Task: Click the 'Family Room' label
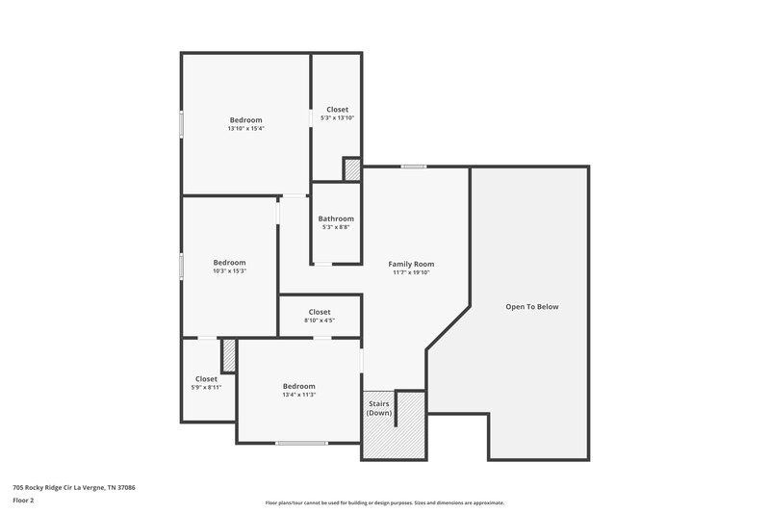tap(411, 264)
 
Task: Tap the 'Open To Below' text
tap(531, 307)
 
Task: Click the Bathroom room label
tap(336, 218)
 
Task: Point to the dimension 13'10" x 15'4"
tap(245, 129)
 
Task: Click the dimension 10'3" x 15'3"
tap(229, 271)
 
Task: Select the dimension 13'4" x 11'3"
tap(298, 395)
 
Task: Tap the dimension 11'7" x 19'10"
tap(411, 272)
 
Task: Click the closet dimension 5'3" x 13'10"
tap(337, 118)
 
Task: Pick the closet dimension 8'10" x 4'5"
tap(320, 321)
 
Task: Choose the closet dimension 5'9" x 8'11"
tap(206, 387)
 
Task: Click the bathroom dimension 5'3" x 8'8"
tap(336, 227)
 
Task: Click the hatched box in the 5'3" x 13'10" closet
tap(352, 169)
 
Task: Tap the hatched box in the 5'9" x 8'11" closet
tap(229, 356)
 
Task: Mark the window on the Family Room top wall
tap(414, 167)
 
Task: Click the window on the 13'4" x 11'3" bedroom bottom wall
tap(301, 443)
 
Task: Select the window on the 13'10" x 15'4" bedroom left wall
tap(181, 125)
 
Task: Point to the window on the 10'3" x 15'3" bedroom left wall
tap(181, 266)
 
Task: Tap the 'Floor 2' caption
tap(24, 500)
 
